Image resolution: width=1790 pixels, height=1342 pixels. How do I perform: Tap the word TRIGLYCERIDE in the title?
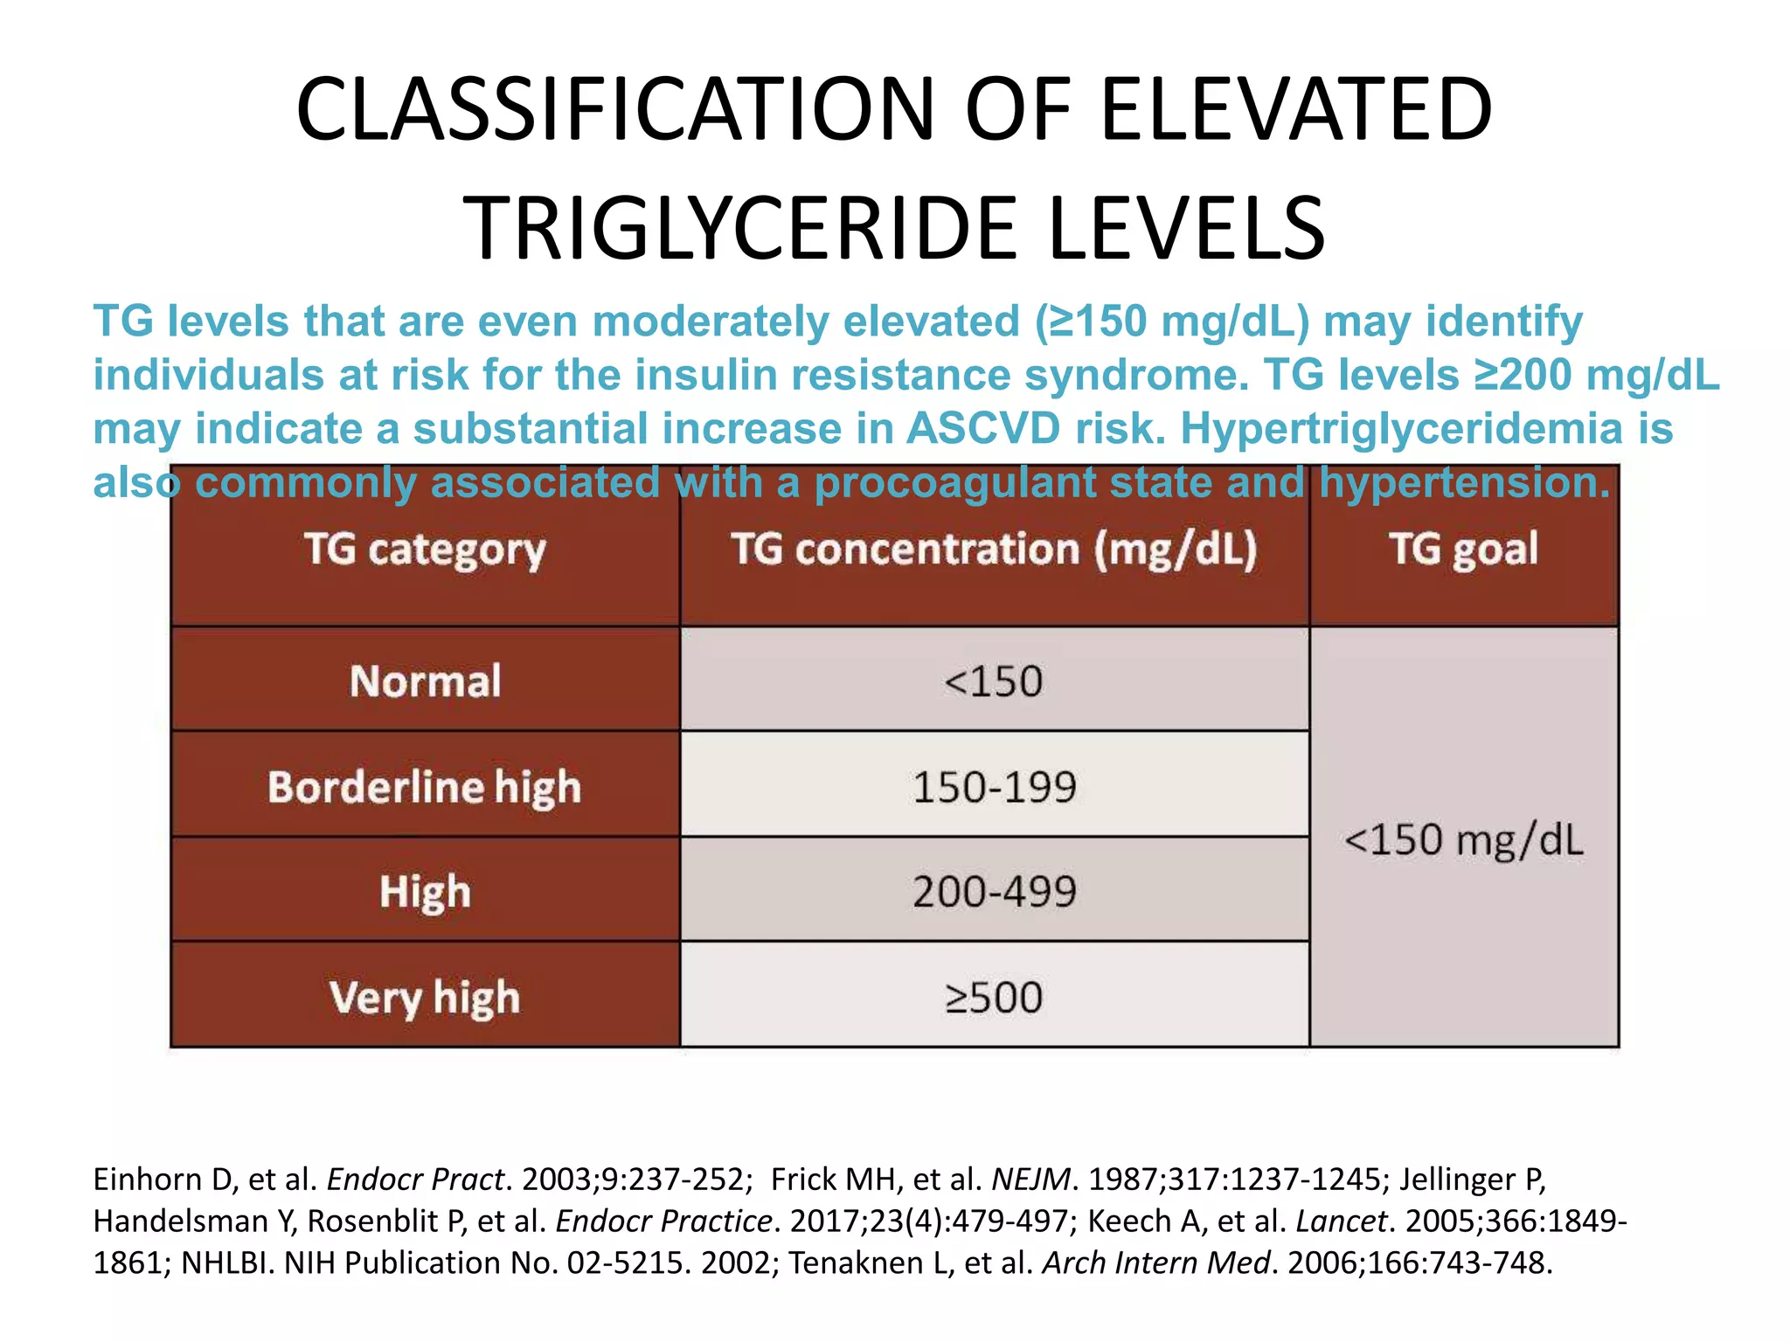pyautogui.click(x=743, y=229)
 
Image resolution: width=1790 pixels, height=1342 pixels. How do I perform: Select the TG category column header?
pyautogui.click(x=425, y=550)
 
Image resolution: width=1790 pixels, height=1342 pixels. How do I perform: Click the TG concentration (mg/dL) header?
pyautogui.click(x=994, y=550)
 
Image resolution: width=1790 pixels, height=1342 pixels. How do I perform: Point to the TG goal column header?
pyautogui.click(x=1464, y=550)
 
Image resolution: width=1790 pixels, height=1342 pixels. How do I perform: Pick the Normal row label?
pyautogui.click(x=425, y=681)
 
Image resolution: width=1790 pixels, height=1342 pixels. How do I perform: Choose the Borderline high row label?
pyautogui.click(x=425, y=787)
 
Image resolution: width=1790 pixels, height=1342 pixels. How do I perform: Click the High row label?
pyautogui.click(x=425, y=892)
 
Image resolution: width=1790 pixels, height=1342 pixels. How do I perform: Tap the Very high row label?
pyautogui.click(x=425, y=998)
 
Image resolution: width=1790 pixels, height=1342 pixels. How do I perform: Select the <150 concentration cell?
pyautogui.click(x=994, y=681)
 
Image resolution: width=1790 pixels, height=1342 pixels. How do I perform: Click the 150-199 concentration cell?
pyautogui.click(x=994, y=787)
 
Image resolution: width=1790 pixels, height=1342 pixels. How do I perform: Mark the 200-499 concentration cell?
pyautogui.click(x=994, y=892)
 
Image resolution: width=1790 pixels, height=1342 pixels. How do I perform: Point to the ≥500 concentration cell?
pyautogui.click(x=994, y=998)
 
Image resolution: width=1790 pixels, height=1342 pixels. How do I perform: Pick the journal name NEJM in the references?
pyautogui.click(x=1030, y=1179)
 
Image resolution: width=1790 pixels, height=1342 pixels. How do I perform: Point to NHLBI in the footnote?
pyautogui.click(x=227, y=1263)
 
